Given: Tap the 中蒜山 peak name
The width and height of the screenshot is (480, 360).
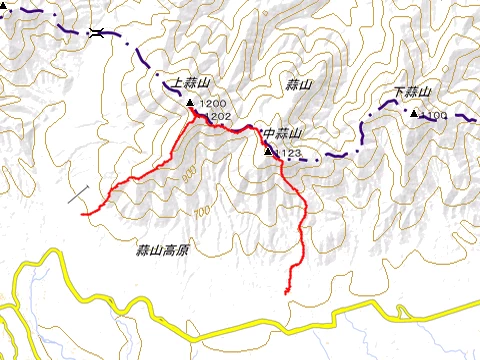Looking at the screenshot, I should tap(283, 133).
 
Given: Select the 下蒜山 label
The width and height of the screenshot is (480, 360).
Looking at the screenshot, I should tap(412, 93).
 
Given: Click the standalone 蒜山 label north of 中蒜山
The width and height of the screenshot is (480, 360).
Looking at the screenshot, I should tap(299, 86).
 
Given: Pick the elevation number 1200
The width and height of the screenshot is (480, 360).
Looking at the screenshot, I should tap(214, 104).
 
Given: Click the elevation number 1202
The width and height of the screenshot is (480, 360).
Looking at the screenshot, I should tap(217, 117).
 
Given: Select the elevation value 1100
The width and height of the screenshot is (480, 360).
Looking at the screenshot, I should tap(434, 116).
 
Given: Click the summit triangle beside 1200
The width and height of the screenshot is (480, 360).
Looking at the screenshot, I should tap(191, 103).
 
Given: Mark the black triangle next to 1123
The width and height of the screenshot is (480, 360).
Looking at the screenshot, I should tap(268, 152).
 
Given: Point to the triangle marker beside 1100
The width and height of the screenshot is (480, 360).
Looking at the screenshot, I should tap(413, 112).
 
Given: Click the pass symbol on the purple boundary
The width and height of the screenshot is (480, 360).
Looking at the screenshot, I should tap(95, 33).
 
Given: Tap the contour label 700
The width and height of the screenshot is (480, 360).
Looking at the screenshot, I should tap(203, 212).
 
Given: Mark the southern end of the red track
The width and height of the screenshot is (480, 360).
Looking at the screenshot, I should tap(287, 291).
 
